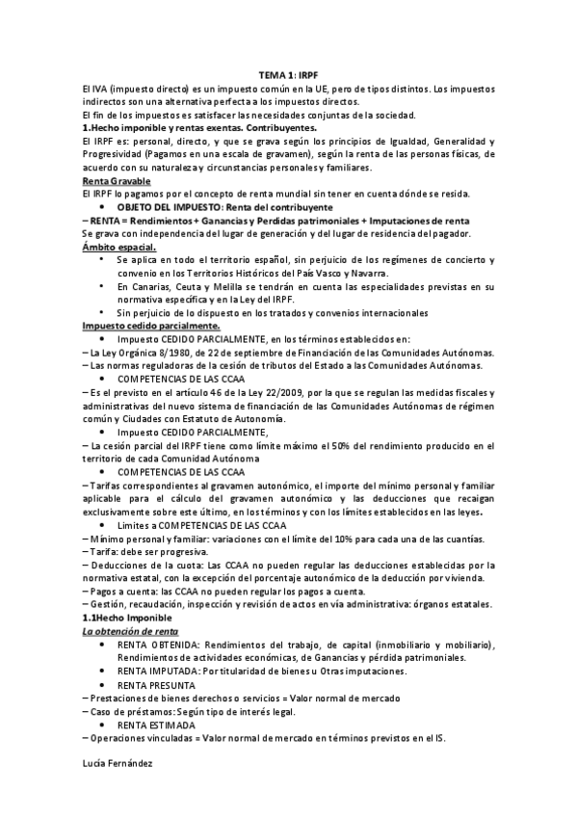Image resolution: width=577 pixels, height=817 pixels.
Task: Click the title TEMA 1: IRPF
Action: click(287, 74)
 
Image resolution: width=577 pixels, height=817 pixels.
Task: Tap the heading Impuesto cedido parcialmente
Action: click(138, 327)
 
